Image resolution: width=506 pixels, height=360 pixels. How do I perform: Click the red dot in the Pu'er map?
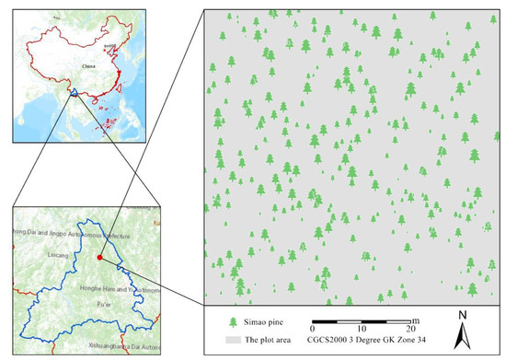tap(99, 259)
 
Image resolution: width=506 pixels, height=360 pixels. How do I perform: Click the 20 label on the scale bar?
tap(411, 330)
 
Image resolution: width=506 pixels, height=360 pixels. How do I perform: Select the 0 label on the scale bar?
tap(314, 330)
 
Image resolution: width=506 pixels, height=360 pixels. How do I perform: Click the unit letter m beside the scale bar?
tap(416, 319)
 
